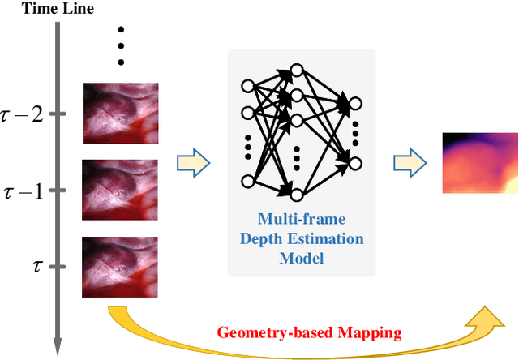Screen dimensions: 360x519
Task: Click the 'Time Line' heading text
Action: (45, 10)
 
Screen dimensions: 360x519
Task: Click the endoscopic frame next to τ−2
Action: (120, 111)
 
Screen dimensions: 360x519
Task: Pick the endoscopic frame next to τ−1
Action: (120, 188)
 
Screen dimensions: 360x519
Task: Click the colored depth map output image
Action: (480, 162)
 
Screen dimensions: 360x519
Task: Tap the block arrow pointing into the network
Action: (194, 164)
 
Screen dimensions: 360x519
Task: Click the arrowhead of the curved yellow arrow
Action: (489, 319)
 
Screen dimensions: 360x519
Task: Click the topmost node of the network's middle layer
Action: (296, 71)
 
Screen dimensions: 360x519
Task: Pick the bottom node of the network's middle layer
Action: (296, 193)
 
